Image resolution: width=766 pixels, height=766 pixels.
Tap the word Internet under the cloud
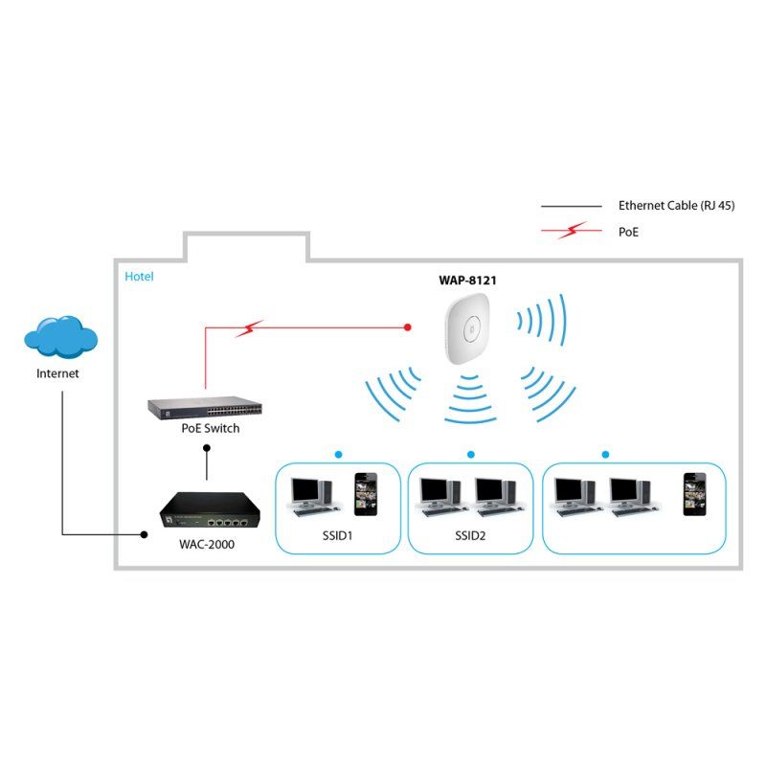[x=57, y=374]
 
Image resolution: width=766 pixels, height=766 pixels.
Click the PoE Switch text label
[x=211, y=428]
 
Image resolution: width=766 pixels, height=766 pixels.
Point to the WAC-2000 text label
[x=207, y=545]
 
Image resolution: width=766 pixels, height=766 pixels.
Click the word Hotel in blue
[x=139, y=277]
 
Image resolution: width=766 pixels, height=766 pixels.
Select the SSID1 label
[x=336, y=535]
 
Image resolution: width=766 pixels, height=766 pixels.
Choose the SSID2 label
[x=470, y=535]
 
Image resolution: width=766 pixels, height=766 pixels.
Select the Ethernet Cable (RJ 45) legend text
[x=676, y=206]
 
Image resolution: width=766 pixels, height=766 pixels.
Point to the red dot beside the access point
[x=408, y=327]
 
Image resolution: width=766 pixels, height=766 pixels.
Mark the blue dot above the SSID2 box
[x=471, y=454]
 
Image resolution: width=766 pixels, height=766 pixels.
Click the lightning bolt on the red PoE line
[x=249, y=329]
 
